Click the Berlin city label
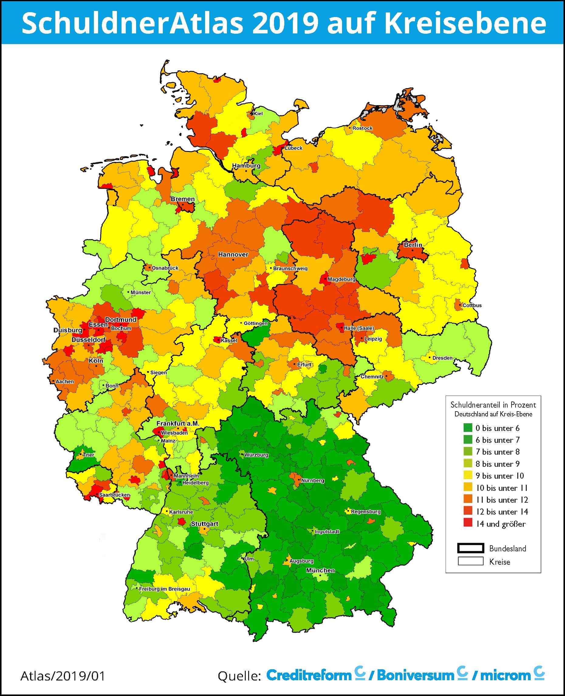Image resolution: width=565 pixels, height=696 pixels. (413, 245)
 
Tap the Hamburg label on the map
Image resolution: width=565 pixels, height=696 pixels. (246, 166)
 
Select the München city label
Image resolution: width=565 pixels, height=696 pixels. (320, 570)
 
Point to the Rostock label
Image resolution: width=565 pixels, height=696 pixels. (362, 128)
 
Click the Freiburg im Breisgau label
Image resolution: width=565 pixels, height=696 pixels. (164, 589)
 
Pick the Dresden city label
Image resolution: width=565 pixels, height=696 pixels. (442, 358)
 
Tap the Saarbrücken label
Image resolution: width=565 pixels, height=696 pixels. (114, 495)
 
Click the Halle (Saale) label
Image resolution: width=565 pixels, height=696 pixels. (359, 328)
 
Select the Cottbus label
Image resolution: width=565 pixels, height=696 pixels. (472, 305)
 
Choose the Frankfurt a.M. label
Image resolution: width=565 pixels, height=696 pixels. (178, 423)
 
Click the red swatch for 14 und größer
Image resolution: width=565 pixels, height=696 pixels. (468, 524)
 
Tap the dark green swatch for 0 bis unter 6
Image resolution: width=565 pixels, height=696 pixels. (468, 428)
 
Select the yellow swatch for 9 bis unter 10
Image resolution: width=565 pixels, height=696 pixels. (468, 476)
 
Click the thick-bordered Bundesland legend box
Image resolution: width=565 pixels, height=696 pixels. (470, 548)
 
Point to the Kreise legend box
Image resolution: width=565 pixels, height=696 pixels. (470, 561)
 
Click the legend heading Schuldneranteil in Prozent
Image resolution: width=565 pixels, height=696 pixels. (493, 405)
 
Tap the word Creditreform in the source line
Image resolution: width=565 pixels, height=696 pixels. (309, 675)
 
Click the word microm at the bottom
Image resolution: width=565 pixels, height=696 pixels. (505, 675)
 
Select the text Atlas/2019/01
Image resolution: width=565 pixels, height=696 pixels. (63, 676)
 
